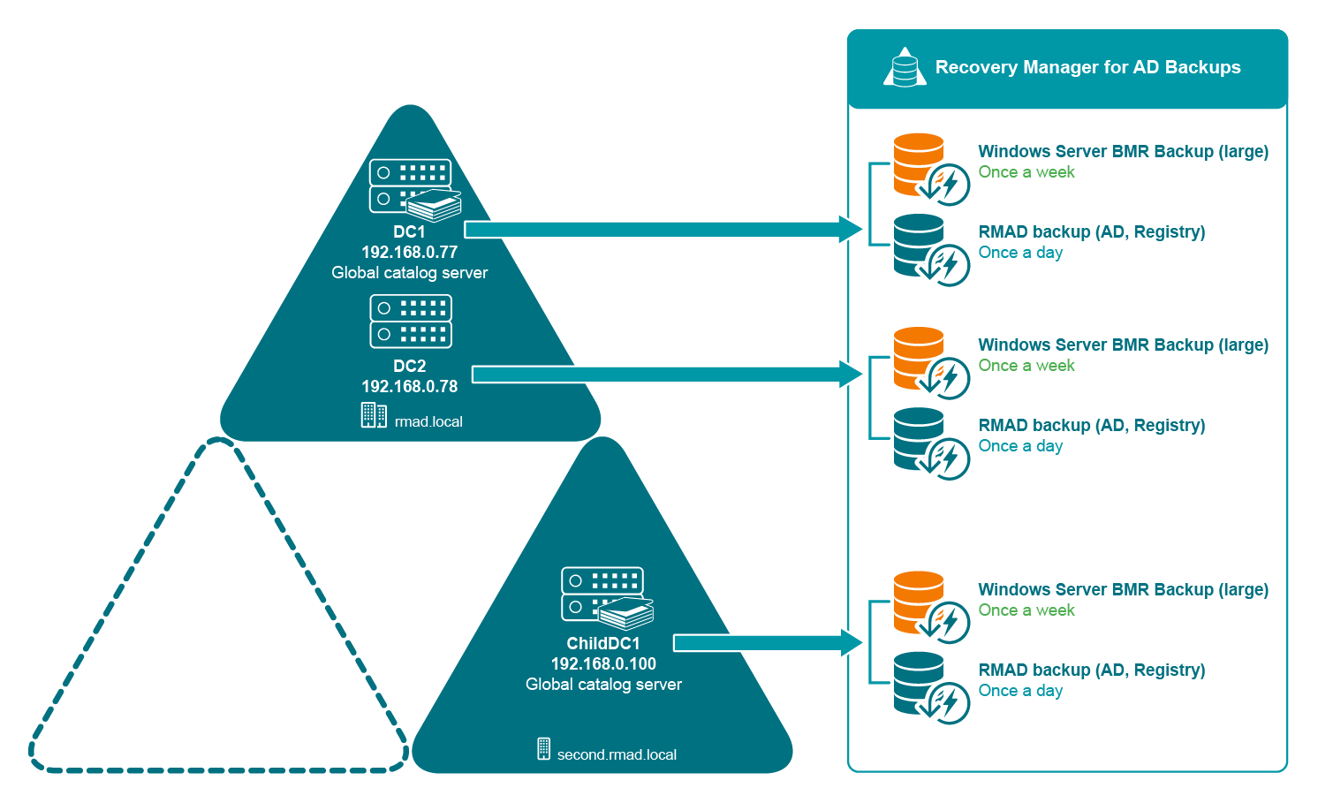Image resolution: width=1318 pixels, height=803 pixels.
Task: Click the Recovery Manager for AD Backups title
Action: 1087,67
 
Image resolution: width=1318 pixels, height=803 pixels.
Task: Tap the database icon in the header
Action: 905,68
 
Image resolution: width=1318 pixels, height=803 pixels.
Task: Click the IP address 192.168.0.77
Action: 409,252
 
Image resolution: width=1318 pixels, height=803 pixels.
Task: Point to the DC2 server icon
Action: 411,322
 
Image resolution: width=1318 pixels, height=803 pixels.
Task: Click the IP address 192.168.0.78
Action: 409,386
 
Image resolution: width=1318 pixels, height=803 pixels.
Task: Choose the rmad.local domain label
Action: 428,422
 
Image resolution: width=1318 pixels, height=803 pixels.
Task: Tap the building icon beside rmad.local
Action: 374,415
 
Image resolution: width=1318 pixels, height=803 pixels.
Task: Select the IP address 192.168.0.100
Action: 603,663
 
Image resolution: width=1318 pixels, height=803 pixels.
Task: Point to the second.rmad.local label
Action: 617,755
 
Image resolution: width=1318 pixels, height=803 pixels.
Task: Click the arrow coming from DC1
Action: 663,230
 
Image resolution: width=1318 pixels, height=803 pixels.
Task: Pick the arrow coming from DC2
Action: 667,375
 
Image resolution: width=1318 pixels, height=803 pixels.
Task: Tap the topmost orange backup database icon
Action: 920,164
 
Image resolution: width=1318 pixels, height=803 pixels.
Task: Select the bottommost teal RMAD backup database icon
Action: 920,683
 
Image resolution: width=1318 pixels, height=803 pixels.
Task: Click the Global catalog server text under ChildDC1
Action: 603,685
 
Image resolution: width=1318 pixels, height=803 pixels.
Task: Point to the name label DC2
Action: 409,366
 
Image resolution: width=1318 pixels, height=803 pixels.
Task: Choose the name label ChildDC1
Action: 603,643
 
